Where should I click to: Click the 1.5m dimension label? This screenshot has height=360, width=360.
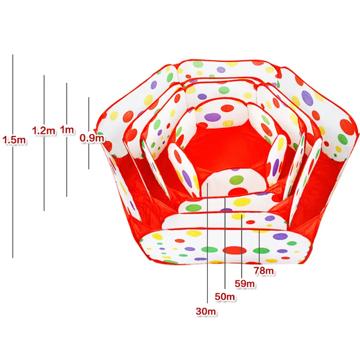coord(14,140)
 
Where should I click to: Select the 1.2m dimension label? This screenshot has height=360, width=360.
coord(44,130)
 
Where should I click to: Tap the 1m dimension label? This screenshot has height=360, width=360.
coord(67,130)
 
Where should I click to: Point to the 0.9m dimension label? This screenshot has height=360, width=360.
coord(92,138)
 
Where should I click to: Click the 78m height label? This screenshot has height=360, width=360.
coord(264,271)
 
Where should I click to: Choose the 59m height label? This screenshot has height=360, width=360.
coord(245,284)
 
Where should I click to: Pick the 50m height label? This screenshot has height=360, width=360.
coord(225,297)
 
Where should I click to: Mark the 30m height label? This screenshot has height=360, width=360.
coord(206,311)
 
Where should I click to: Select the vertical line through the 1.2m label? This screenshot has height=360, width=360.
coord(44,143)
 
